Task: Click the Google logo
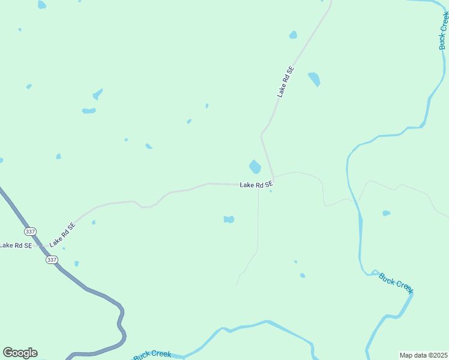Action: coord(20,353)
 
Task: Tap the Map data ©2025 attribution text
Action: coord(423,355)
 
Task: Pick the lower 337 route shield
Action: coord(52,259)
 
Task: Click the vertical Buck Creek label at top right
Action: coord(444,30)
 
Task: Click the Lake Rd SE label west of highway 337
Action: coord(16,245)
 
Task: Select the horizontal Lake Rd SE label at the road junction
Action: coord(256,185)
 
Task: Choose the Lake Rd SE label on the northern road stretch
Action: coord(286,82)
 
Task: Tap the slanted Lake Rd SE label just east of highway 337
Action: coord(62,235)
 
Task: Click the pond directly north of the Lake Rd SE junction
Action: coord(255,166)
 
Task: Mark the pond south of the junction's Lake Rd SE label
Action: coord(229,220)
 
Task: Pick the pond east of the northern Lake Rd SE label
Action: coord(314,79)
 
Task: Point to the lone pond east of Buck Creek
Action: coord(386,213)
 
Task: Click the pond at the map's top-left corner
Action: coord(41,5)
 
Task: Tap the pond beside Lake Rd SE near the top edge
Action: coord(293,35)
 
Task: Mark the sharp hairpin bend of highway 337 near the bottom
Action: coord(122,327)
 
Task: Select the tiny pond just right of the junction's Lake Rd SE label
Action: coord(271,191)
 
